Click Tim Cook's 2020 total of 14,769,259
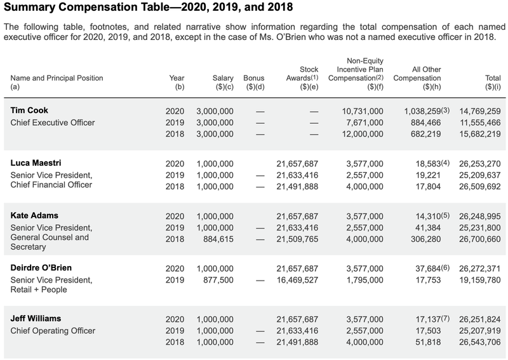[480, 111]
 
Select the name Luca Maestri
[36, 163]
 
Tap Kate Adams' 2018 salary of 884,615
[218, 239]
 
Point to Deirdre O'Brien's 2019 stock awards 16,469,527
[297, 280]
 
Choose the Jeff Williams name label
[36, 319]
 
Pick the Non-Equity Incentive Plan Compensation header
[356, 74]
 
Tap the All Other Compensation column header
[417, 78]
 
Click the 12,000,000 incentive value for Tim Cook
[363, 134]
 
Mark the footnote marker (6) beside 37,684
[446, 268]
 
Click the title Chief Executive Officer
[53, 123]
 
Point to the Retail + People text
[39, 290]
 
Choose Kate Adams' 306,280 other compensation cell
[425, 239]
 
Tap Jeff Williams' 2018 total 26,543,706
[480, 342]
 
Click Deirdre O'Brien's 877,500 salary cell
[218, 280]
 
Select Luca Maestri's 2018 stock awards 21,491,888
[297, 187]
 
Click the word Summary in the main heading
[29, 7]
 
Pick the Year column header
[177, 83]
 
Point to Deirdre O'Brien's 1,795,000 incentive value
[364, 280]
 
